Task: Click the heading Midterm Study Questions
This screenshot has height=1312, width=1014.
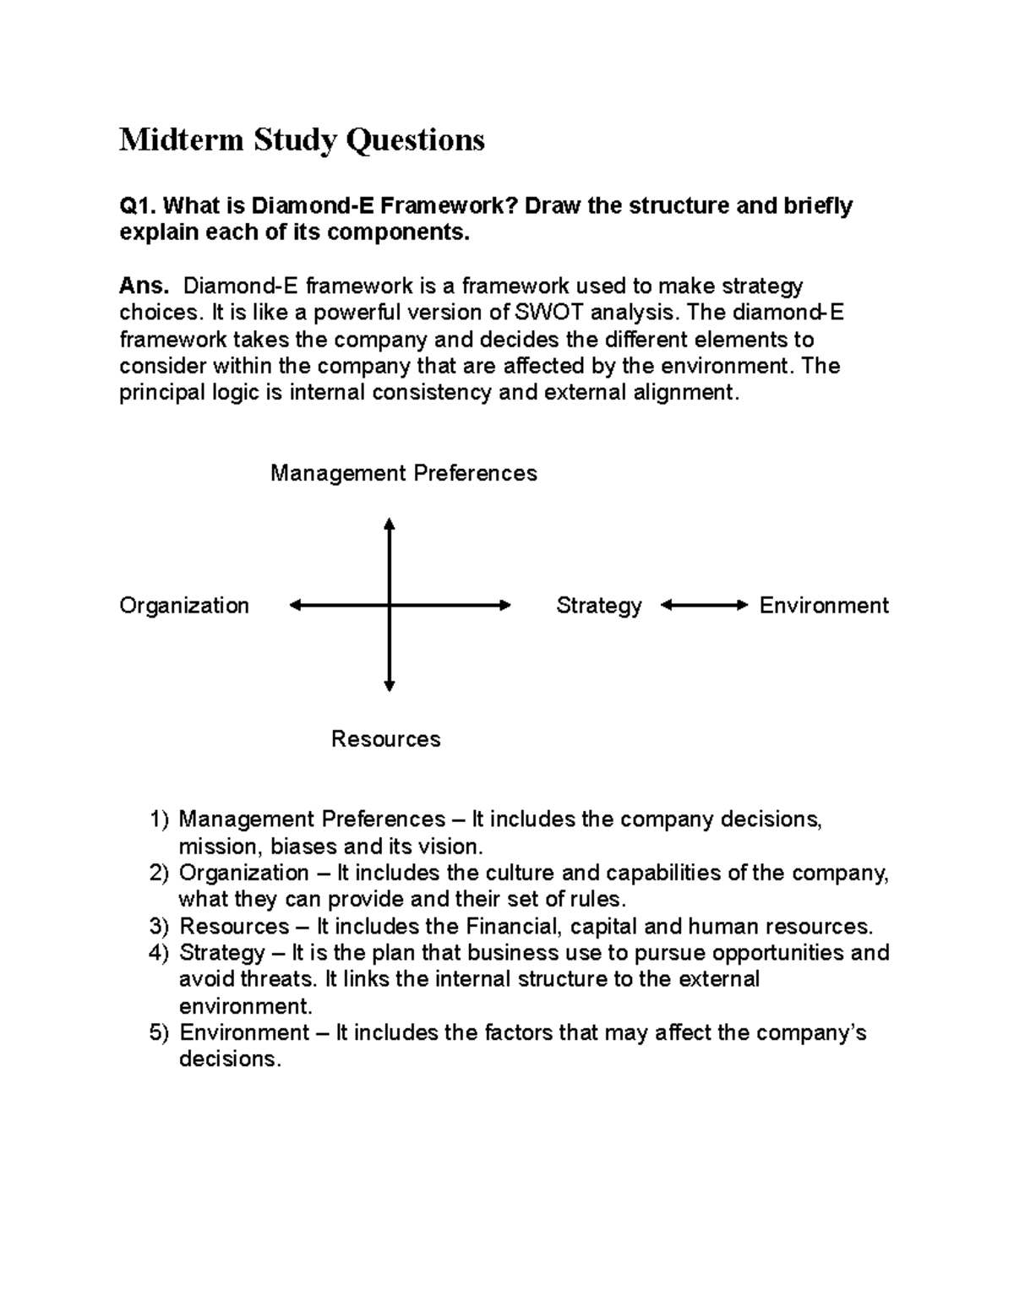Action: (302, 139)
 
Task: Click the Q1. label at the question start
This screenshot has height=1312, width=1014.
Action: (137, 206)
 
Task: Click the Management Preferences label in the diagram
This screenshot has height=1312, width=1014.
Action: (403, 473)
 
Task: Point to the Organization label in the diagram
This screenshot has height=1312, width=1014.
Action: (184, 606)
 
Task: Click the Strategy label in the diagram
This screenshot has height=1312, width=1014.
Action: (598, 606)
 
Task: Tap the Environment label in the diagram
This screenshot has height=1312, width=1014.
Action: (824, 606)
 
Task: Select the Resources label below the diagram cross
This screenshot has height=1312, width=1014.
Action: (385, 739)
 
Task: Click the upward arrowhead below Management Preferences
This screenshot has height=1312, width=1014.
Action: (389, 524)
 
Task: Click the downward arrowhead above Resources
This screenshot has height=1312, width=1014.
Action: (389, 685)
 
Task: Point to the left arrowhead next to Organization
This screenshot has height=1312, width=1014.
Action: (295, 605)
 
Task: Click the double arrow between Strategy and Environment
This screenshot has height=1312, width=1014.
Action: (704, 605)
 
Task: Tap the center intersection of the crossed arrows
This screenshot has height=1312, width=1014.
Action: (389, 605)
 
